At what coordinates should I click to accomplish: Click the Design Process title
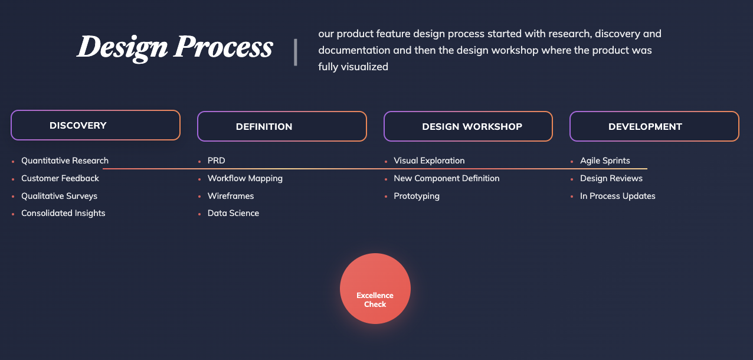(x=175, y=47)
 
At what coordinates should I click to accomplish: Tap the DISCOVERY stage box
(x=96, y=125)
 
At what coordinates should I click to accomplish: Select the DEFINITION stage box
(x=281, y=126)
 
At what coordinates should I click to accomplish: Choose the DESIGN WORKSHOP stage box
(x=468, y=126)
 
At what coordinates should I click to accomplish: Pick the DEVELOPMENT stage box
(x=654, y=126)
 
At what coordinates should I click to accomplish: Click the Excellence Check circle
(x=375, y=289)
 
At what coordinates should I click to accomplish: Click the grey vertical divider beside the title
(x=296, y=52)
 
